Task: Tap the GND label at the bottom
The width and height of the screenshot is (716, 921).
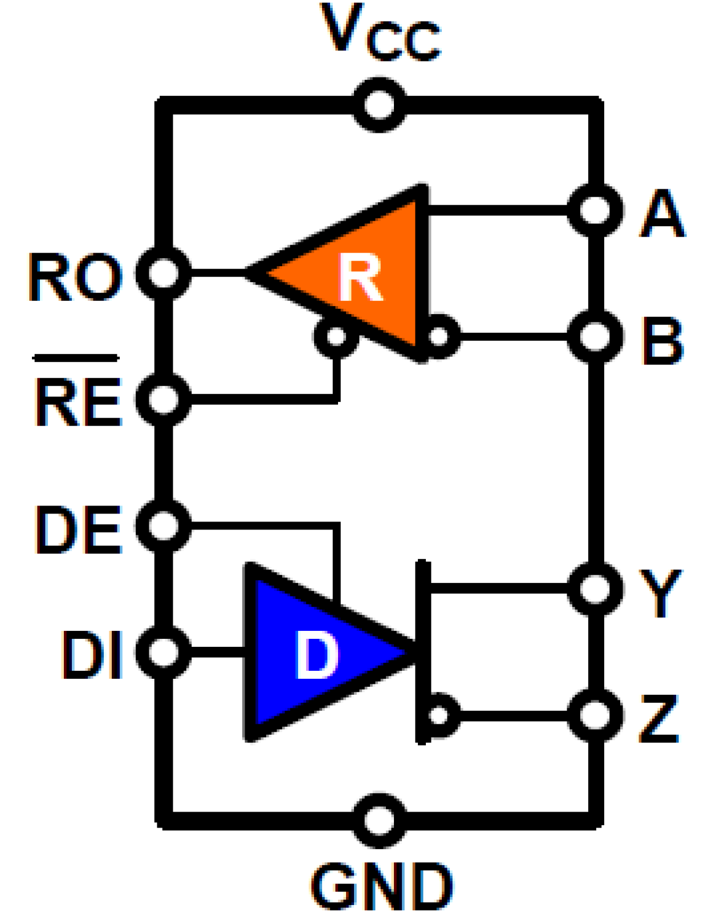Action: (381, 886)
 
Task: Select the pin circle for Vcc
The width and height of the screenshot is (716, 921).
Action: (380, 105)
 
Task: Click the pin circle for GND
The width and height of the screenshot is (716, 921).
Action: (380, 821)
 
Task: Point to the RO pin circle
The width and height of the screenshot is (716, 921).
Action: (164, 273)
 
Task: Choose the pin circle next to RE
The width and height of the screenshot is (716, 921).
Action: (164, 399)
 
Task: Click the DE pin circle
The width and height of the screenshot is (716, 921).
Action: (164, 525)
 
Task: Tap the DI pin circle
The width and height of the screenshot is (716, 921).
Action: (164, 651)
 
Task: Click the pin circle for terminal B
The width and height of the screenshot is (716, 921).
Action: (595, 336)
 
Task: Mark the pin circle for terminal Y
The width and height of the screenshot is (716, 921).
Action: (595, 588)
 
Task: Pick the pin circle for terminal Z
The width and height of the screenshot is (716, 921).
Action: (595, 715)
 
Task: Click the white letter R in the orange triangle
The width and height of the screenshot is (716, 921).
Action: (360, 277)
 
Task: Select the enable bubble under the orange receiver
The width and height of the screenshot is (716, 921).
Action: (336, 336)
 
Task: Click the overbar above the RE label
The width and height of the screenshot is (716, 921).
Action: (76, 358)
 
